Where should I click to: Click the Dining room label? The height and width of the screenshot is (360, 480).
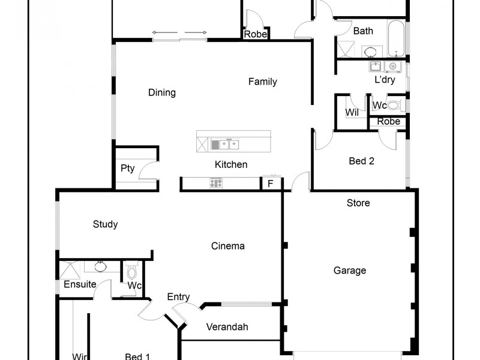click(162, 92)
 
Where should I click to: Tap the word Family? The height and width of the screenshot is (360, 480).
click(263, 82)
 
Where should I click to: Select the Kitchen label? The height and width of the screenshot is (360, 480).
click(231, 164)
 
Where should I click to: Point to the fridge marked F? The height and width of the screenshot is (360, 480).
click(271, 184)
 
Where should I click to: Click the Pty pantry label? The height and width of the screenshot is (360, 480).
click(128, 168)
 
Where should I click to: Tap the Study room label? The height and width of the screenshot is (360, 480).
click(105, 224)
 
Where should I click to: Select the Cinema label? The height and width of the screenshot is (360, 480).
click(228, 246)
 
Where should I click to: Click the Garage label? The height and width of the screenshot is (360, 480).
click(350, 271)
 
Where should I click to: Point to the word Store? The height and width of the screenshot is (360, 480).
click(358, 203)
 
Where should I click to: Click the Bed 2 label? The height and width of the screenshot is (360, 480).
click(362, 161)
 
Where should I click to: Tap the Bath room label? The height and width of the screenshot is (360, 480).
click(363, 31)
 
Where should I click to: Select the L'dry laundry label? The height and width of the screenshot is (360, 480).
click(385, 80)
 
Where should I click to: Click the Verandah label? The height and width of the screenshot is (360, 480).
click(227, 327)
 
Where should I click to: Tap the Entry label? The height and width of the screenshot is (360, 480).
click(178, 297)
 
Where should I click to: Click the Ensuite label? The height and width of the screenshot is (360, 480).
click(80, 284)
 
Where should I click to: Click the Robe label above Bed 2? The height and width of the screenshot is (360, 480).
click(388, 121)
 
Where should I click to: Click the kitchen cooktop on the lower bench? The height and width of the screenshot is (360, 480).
click(216, 184)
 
